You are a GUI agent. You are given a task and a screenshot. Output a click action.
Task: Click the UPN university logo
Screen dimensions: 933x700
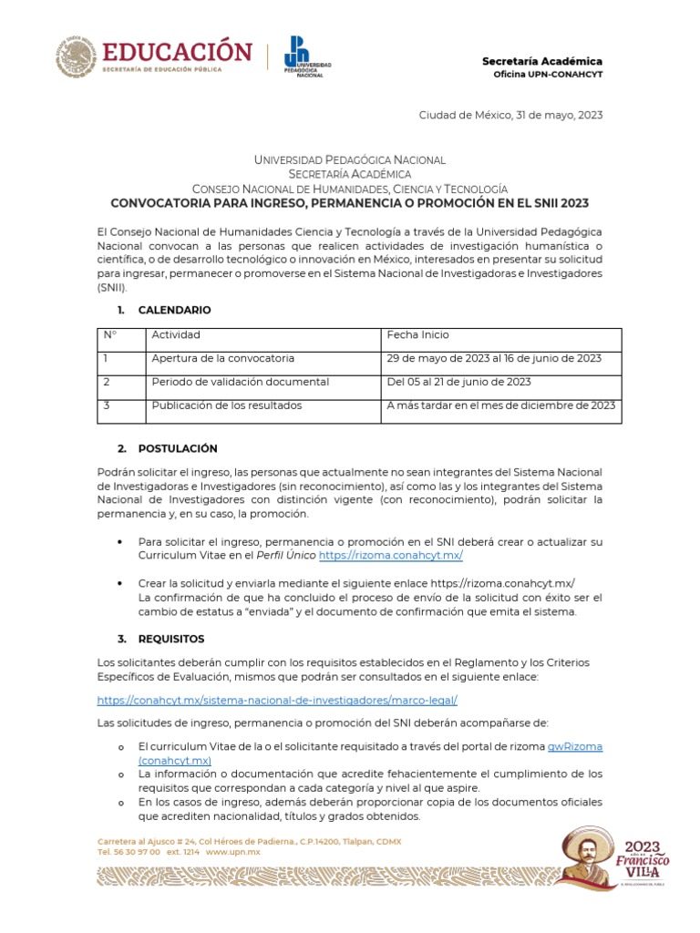point(306,56)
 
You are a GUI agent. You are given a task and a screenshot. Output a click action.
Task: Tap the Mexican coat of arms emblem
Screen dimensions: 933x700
point(76,56)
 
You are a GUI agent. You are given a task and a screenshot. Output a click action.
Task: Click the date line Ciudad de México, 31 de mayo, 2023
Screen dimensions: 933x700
point(510,115)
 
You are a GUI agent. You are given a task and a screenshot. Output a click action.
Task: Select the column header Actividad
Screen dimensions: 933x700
point(176,335)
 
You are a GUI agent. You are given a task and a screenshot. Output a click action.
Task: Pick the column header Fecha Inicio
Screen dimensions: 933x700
point(417,335)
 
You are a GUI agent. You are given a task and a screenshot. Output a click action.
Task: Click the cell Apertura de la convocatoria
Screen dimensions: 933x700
point(222,358)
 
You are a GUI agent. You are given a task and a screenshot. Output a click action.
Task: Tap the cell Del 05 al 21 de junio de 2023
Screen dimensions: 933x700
point(458,382)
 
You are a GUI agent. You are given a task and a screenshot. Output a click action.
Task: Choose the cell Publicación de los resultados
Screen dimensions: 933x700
point(226,405)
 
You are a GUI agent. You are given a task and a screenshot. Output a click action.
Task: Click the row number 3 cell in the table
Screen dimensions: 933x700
point(107,405)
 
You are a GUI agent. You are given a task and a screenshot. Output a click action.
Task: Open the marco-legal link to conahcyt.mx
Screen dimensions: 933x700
point(277,700)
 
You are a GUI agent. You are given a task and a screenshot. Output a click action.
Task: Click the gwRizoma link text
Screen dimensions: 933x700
point(574,746)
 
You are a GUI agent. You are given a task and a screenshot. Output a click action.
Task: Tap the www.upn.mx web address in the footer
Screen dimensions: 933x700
point(233,852)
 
